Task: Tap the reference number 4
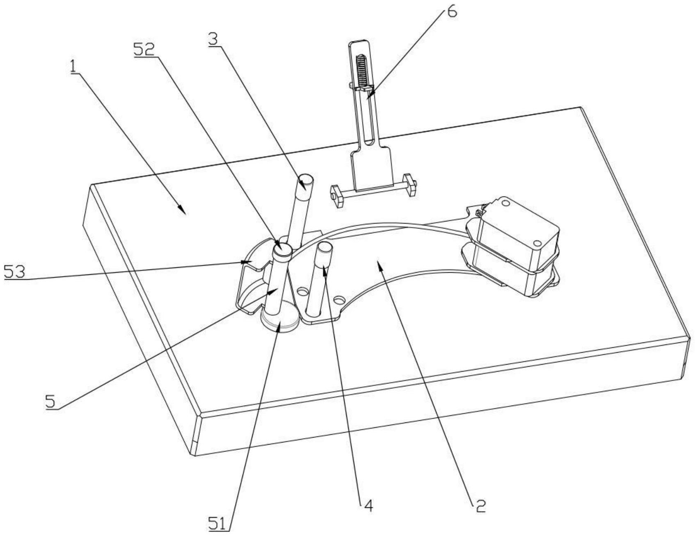click(368, 506)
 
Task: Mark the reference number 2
click(480, 506)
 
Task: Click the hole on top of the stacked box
click(504, 203)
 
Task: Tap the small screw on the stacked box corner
click(479, 212)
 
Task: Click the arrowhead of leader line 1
click(182, 210)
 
